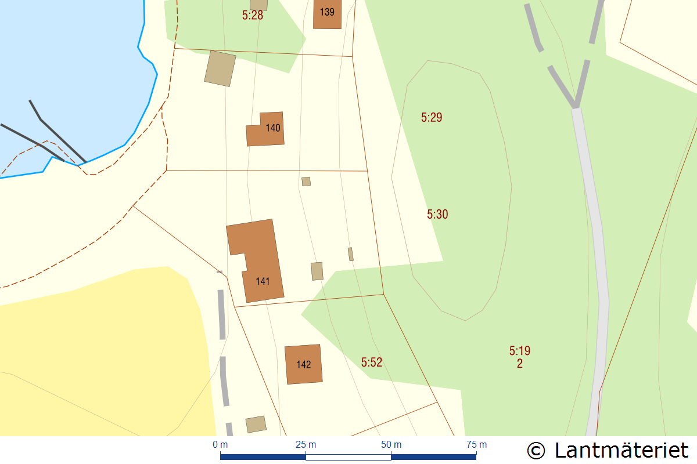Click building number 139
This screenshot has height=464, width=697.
pos(327,12)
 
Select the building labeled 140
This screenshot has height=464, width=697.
pos(266,128)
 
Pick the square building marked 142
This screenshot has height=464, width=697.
pos(303,364)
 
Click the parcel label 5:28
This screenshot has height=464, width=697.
pos(253,16)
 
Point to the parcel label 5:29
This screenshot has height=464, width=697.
pos(432,118)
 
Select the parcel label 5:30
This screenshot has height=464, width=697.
pos(437,215)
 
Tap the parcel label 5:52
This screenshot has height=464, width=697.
pos(372,362)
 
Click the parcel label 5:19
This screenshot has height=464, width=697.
pos(520,351)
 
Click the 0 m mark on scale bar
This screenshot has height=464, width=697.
pos(220,445)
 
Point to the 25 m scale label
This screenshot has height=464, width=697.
pos(306,445)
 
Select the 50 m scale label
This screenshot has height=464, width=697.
pos(391,445)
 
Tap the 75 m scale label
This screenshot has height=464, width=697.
pos(476,445)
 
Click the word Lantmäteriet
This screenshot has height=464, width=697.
pos(621,450)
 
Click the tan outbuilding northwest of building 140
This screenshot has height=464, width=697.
pos(220,68)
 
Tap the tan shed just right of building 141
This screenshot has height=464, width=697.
pos(317,271)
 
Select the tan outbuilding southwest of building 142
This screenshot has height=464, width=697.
pos(256,424)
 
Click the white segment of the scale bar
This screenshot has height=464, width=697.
pos(348,457)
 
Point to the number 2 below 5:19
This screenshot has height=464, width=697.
pos(520,364)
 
